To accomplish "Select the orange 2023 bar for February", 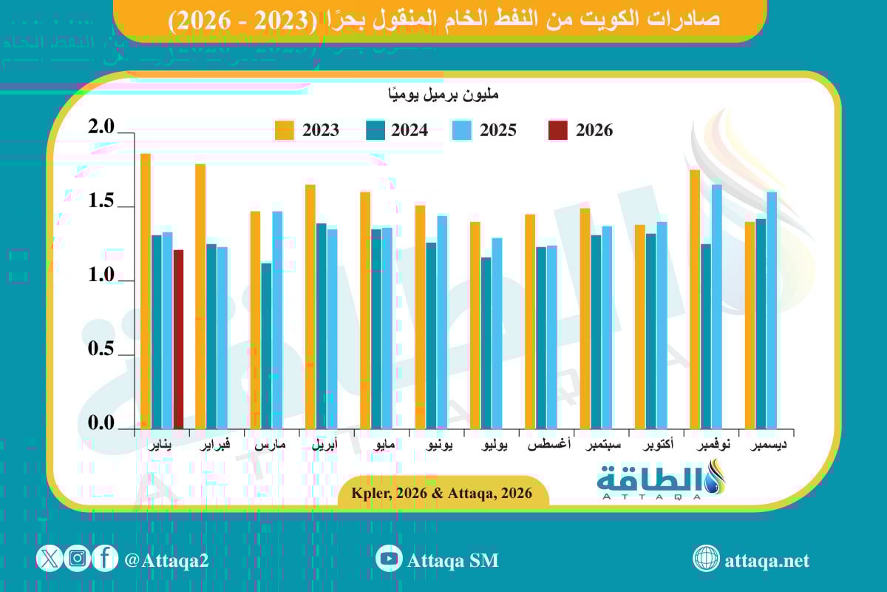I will point(200,296).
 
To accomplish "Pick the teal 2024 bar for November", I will point(706,336).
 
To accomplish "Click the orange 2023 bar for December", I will point(750,325).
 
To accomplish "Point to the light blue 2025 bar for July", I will point(497,333).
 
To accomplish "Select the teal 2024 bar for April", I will point(321,326).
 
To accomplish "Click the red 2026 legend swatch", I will point(558,130).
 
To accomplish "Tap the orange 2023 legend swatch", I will point(285,130).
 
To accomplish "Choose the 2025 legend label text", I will point(498,130).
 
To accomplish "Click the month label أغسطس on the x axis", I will point(548,446).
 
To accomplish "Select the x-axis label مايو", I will point(383,446).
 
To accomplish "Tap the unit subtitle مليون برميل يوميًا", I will point(443,95).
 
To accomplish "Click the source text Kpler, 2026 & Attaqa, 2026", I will point(443,493).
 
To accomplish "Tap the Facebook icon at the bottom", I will point(105,559).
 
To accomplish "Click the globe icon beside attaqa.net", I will point(706,559).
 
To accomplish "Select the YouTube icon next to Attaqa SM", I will point(388,559).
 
